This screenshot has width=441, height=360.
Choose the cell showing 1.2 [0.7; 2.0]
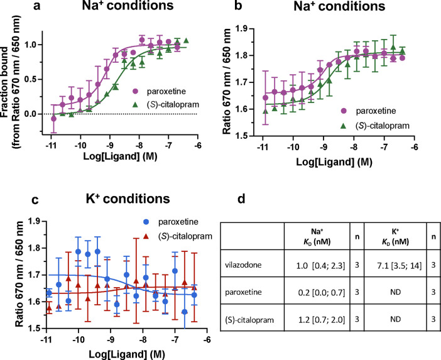316,320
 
